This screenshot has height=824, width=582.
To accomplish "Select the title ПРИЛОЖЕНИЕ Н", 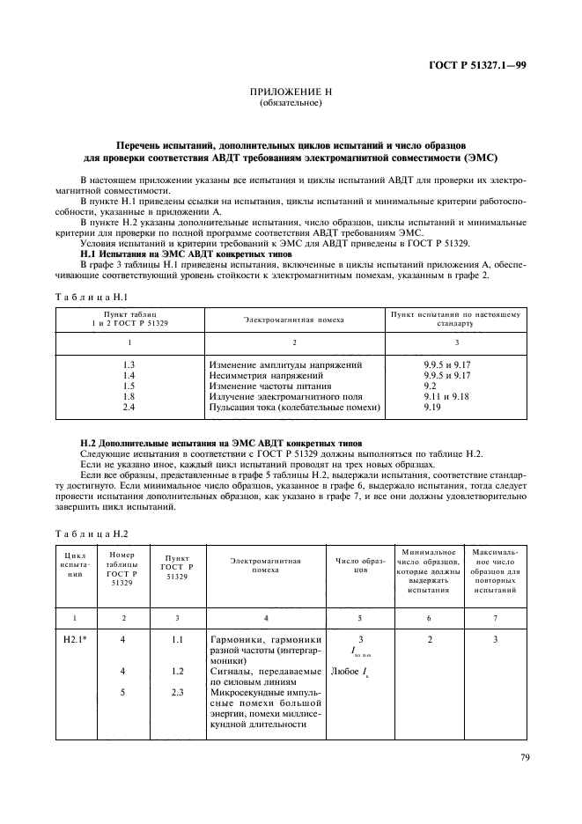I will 291,92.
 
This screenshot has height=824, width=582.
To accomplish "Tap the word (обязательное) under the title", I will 291,103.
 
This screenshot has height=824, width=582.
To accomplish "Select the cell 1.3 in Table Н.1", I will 129,364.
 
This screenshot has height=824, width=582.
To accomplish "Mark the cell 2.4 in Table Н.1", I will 129,408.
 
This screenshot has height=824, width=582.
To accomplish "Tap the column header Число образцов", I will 357,565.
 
